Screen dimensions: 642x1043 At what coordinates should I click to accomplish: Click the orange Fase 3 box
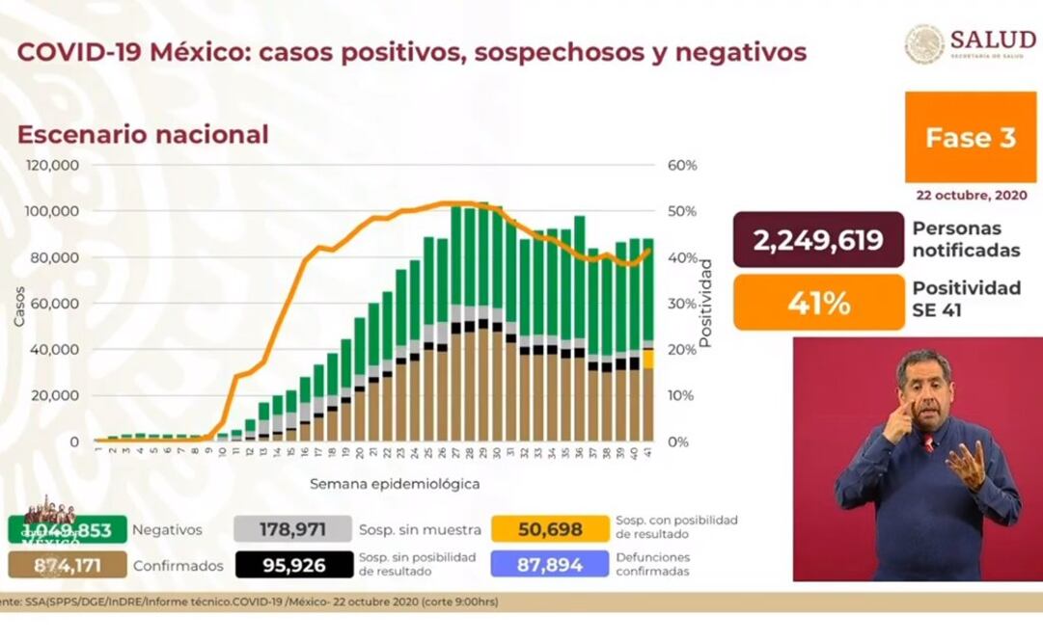[x=971, y=138]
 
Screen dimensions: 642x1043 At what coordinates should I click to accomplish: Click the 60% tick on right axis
[x=682, y=166]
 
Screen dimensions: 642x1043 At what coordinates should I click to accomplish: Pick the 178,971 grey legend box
[x=293, y=528]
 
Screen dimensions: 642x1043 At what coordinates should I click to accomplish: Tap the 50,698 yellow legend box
[x=550, y=528]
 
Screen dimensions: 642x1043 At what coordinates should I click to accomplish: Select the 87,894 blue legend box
[x=550, y=565]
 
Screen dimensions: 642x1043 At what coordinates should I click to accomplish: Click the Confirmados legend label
[x=178, y=566]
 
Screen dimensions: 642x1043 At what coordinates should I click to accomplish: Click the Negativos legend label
[x=167, y=529]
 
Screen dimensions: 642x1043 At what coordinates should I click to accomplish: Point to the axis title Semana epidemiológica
[x=395, y=484]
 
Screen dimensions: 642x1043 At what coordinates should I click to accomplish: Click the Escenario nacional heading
[x=143, y=134]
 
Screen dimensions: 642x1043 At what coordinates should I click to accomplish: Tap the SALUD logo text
[x=994, y=40]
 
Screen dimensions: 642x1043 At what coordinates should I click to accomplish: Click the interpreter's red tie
[x=927, y=443]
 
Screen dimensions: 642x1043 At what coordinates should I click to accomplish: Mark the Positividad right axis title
[x=705, y=303]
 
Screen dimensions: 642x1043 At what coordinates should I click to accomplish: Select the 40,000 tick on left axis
[x=55, y=350]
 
